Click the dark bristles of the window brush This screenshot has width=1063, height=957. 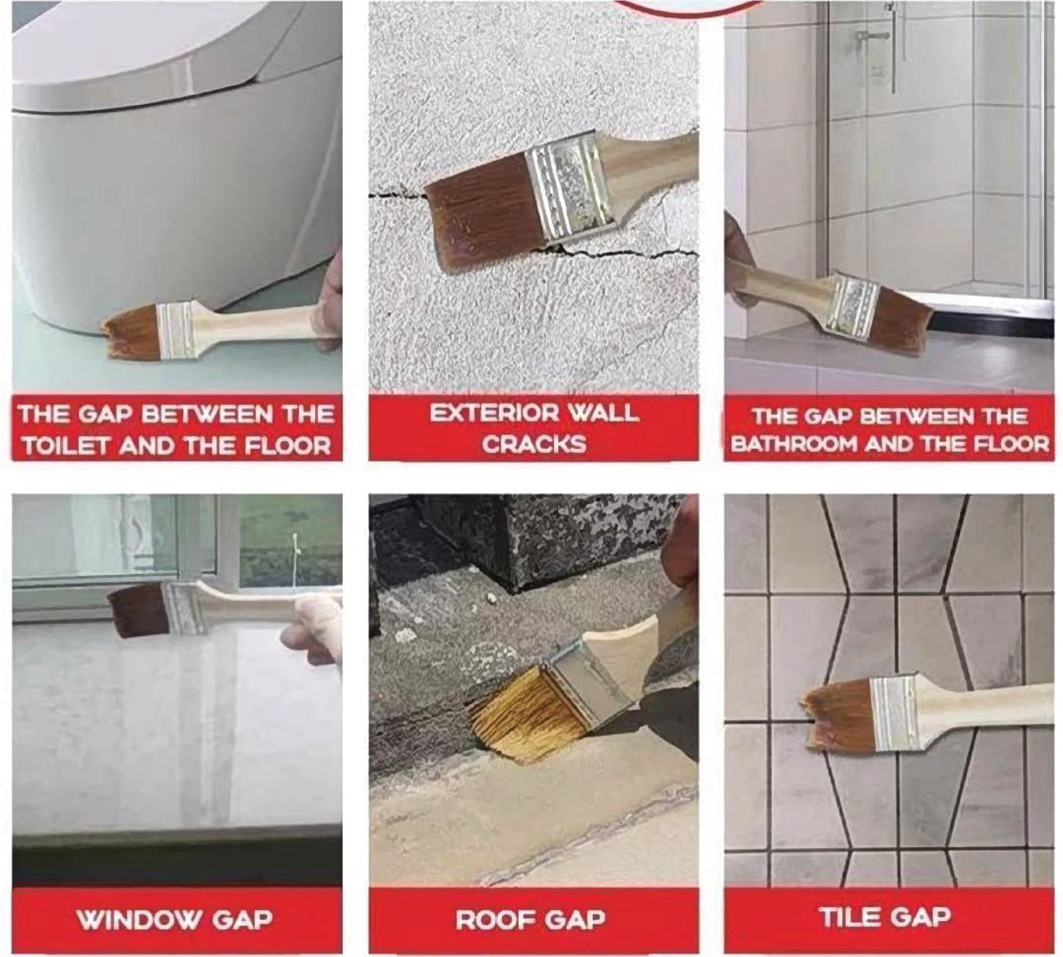[x=139, y=610]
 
